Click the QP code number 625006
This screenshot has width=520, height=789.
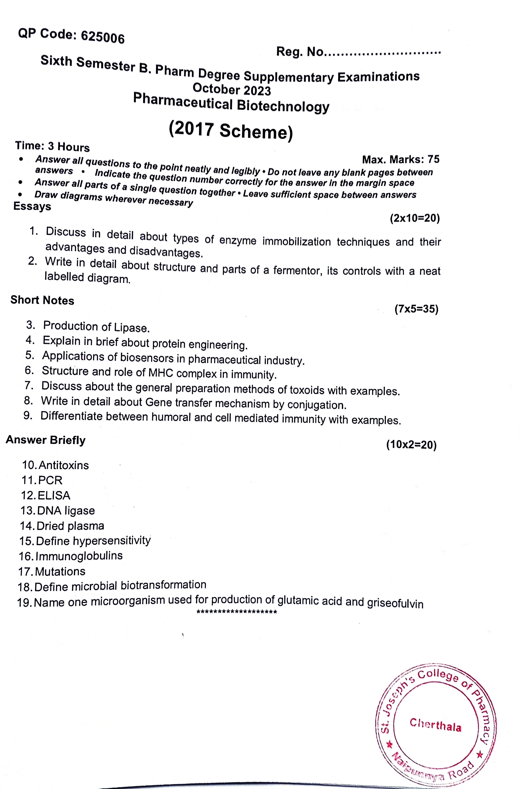[x=103, y=38]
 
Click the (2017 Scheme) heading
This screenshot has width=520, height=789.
[x=231, y=130]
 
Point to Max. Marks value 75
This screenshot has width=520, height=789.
[x=433, y=159]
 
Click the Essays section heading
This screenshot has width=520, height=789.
[x=32, y=206]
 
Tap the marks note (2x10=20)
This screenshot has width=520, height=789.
[x=415, y=218]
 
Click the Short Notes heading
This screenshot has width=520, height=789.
[x=42, y=300]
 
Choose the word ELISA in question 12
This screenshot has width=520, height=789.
[x=54, y=496]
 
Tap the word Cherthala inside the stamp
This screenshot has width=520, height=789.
[x=435, y=725]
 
